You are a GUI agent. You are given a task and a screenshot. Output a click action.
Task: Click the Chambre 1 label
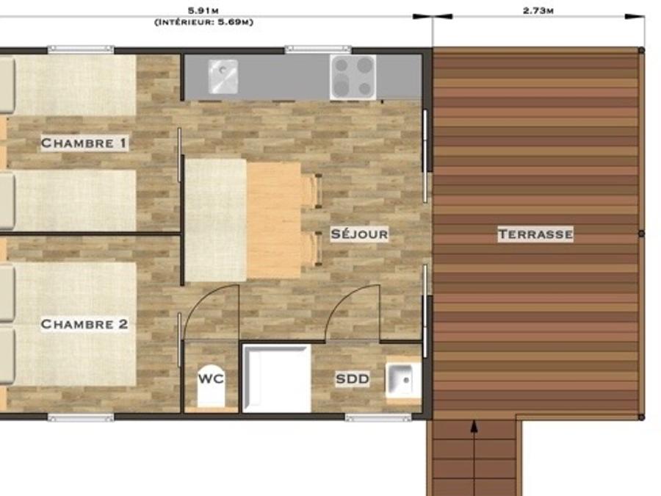click(x=84, y=143)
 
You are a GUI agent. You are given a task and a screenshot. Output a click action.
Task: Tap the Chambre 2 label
click(x=84, y=324)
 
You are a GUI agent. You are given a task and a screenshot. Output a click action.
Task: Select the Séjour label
click(x=359, y=234)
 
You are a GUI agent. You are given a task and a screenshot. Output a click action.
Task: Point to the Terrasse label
click(x=535, y=234)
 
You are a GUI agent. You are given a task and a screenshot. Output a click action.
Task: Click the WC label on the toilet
click(x=211, y=378)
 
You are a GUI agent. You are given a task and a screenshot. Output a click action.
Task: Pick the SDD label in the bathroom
click(x=353, y=378)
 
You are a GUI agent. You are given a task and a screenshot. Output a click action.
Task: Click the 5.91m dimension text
click(x=203, y=11)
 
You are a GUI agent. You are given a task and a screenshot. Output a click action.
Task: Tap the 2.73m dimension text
click(x=538, y=10)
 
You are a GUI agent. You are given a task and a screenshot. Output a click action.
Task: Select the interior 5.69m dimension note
click(x=204, y=22)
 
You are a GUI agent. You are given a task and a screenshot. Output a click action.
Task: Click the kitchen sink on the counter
click(x=223, y=76)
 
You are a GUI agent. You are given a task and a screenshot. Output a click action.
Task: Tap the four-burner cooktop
click(x=353, y=77)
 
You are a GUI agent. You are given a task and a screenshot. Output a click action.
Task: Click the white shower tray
click(x=277, y=378)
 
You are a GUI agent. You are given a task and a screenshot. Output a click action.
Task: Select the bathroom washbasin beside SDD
click(x=403, y=380)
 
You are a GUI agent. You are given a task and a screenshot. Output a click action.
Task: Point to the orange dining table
click(x=275, y=220)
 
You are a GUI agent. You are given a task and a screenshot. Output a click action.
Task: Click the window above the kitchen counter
click(x=318, y=49)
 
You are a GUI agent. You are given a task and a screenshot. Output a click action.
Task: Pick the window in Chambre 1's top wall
click(x=81, y=49)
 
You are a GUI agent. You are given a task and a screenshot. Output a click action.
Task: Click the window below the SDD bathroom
click(x=378, y=417)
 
